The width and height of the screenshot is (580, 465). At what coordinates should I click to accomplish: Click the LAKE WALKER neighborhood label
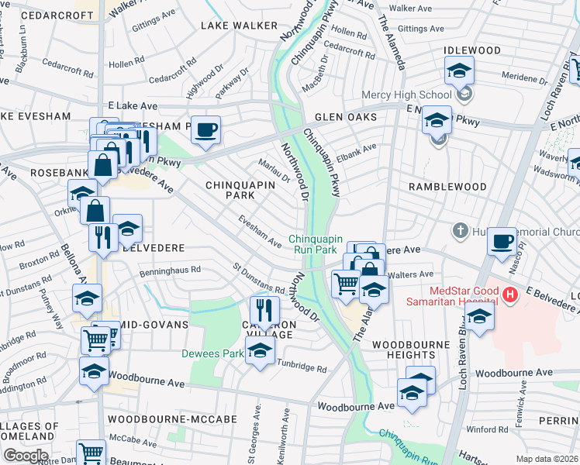228,26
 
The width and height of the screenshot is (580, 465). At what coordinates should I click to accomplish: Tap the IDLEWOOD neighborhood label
471,50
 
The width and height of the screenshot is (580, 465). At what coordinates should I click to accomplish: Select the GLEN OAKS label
345,117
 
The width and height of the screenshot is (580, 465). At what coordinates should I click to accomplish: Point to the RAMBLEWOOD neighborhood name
447,187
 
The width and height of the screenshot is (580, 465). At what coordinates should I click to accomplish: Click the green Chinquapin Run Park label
314,244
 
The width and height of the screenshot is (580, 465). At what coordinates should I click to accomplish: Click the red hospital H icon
509,294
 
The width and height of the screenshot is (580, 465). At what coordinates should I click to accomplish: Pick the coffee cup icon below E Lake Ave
205,129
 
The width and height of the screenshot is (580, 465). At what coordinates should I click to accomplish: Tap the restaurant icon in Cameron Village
264,309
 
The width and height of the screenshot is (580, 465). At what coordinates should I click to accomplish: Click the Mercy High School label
406,95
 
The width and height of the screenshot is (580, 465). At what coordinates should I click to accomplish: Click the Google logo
26,456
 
